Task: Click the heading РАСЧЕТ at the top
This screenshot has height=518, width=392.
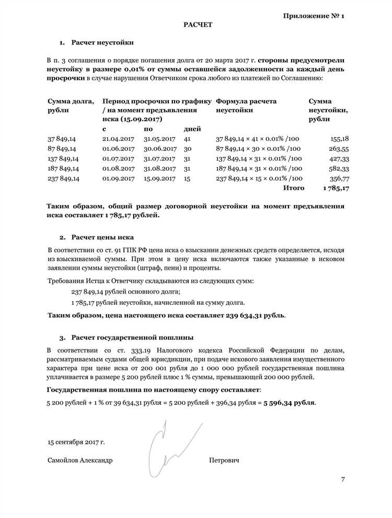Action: (x=198, y=25)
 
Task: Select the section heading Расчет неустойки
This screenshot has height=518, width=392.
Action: (x=102, y=42)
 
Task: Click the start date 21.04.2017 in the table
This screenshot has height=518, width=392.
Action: (x=119, y=139)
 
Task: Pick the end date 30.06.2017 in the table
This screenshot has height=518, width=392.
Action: (x=159, y=149)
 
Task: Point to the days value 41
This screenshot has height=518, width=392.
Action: (x=188, y=139)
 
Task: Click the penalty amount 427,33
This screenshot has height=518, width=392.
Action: (x=339, y=159)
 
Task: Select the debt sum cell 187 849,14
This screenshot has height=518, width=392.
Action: (x=63, y=169)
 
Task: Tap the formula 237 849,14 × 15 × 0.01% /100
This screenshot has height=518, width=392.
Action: (x=259, y=179)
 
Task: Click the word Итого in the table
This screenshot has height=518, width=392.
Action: (x=293, y=187)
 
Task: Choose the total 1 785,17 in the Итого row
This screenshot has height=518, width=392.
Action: (x=336, y=187)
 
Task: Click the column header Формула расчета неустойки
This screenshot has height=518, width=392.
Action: (x=246, y=105)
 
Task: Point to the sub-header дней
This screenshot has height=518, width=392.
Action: (x=192, y=128)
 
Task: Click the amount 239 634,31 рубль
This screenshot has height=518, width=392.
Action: (x=255, y=315)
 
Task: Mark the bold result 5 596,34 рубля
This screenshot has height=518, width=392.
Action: (x=289, y=403)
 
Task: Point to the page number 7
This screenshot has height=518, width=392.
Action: (x=343, y=479)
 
